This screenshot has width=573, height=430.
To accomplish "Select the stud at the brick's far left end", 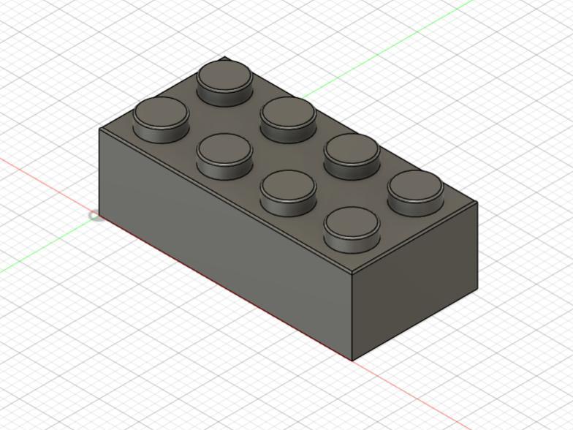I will [x=161, y=117].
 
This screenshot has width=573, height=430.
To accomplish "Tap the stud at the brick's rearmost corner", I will [x=225, y=81].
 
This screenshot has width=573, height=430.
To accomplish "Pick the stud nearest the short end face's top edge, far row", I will [x=415, y=192].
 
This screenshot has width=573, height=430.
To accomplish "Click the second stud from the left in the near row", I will [x=224, y=155].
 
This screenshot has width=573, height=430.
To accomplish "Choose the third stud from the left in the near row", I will [x=288, y=192].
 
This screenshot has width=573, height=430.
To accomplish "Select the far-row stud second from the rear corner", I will [x=288, y=118].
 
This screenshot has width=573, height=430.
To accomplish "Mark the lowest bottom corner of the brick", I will [x=352, y=361].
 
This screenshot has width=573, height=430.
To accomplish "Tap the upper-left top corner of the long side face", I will [x=99, y=129].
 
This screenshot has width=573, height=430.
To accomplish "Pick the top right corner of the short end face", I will [x=477, y=203].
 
